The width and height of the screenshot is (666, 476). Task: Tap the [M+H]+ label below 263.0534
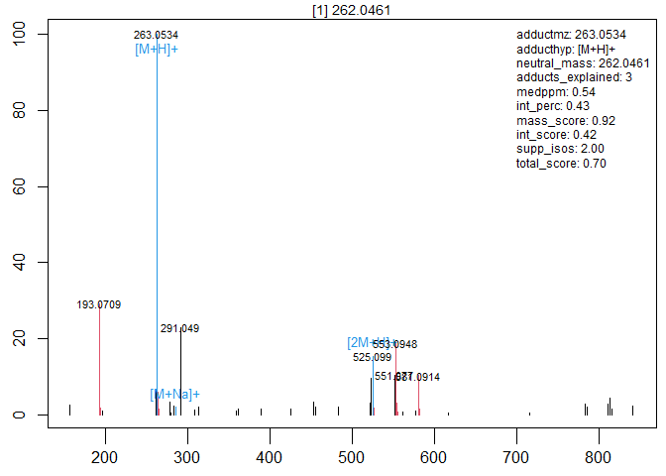point(157,49)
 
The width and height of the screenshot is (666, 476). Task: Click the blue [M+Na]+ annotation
point(174,395)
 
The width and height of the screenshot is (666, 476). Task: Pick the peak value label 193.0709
point(99,304)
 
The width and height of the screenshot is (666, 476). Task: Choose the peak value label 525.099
point(373,357)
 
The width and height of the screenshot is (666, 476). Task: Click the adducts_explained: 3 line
point(574,77)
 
